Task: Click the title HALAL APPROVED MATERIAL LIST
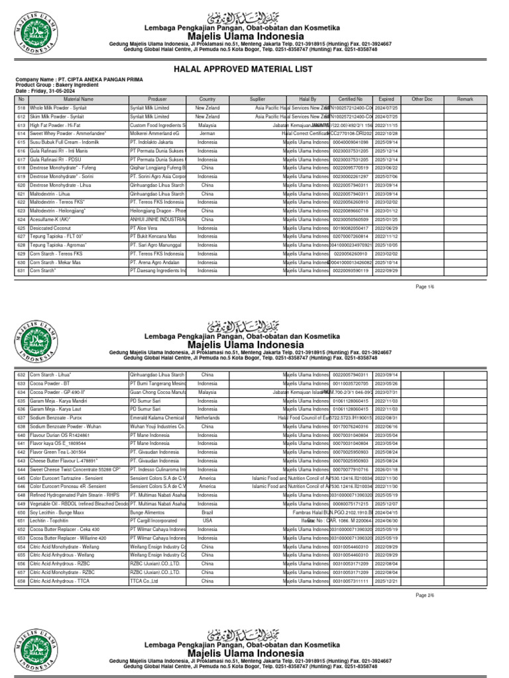254,68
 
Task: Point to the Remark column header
465,98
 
